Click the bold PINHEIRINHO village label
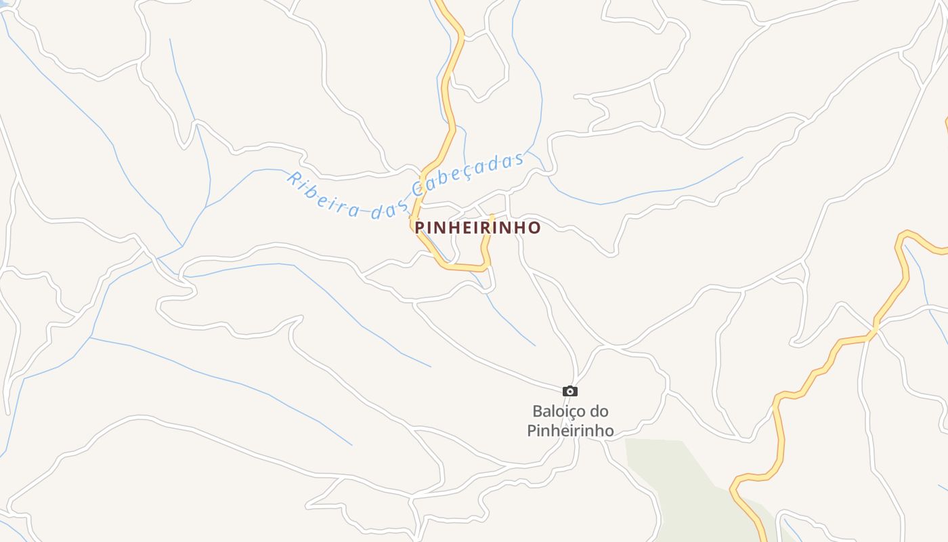click(x=477, y=228)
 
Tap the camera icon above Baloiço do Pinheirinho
click(x=570, y=391)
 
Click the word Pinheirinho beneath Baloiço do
click(x=570, y=430)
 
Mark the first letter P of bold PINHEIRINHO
click(x=420, y=228)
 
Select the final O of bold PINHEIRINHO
click(x=535, y=228)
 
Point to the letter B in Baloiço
click(x=538, y=411)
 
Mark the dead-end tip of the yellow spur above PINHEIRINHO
click(x=492, y=217)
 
